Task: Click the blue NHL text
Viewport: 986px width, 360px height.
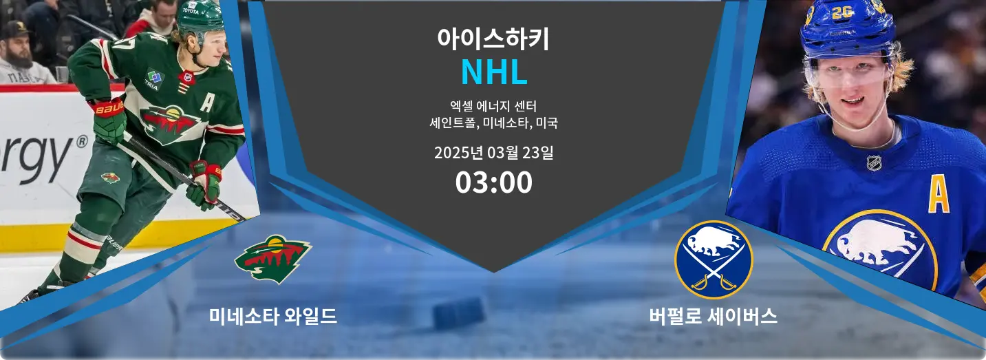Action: tap(494, 72)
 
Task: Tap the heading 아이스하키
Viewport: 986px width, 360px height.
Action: tap(493, 39)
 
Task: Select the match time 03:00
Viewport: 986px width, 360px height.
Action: tap(494, 182)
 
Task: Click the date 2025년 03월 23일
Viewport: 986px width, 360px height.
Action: tap(494, 153)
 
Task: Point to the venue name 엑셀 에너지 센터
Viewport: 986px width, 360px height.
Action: tap(493, 106)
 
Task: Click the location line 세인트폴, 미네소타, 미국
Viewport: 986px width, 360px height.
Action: tap(493, 123)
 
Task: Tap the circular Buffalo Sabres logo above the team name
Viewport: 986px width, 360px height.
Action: tap(714, 260)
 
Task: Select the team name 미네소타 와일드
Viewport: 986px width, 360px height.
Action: tap(273, 316)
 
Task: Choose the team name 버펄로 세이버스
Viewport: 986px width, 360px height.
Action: tap(713, 316)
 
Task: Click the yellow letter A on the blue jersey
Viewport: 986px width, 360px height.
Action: tap(939, 197)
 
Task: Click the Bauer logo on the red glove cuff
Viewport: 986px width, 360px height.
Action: tap(109, 108)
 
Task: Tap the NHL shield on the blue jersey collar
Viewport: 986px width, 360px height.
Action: tap(874, 162)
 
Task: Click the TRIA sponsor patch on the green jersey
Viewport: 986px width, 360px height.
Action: tap(153, 78)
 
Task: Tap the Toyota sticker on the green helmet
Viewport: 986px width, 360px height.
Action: tap(191, 10)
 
